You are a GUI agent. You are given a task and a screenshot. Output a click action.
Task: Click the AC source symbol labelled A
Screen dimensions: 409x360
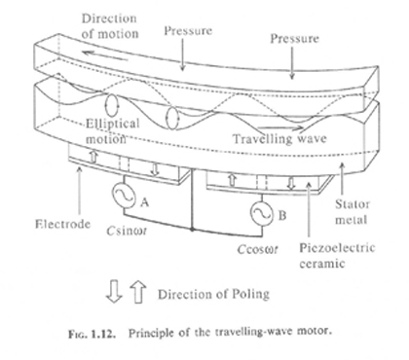point(124,195)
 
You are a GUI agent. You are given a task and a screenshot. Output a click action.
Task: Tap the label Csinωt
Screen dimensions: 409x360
point(127,231)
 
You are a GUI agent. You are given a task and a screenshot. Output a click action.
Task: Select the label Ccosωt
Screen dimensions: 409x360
point(258,249)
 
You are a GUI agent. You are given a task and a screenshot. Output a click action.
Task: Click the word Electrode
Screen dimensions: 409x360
point(62,224)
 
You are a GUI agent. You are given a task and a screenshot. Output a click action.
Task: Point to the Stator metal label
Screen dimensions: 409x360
point(353,212)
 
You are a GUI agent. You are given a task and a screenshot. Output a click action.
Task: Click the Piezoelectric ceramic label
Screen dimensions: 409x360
point(337,256)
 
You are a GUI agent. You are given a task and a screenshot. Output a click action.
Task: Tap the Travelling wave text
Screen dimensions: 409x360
point(279,139)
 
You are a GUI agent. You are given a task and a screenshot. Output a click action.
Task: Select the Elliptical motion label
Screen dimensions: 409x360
point(112,131)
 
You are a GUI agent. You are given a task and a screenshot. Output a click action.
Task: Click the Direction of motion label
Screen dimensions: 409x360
point(109,26)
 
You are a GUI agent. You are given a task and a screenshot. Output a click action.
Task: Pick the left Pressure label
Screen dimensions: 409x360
point(188,31)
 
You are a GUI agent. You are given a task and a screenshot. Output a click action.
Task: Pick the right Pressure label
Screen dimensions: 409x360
point(294,39)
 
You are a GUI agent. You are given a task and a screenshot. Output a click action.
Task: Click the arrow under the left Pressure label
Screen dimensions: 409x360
point(183,54)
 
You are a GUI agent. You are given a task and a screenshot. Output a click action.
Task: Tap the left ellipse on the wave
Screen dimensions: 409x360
point(111,105)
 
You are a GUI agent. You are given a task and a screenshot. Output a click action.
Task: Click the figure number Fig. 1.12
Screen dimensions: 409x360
point(92,334)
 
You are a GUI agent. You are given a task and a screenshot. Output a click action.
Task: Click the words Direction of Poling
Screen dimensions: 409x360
point(213,294)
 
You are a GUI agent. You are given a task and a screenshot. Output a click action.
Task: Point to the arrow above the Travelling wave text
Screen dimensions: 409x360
point(281,127)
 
